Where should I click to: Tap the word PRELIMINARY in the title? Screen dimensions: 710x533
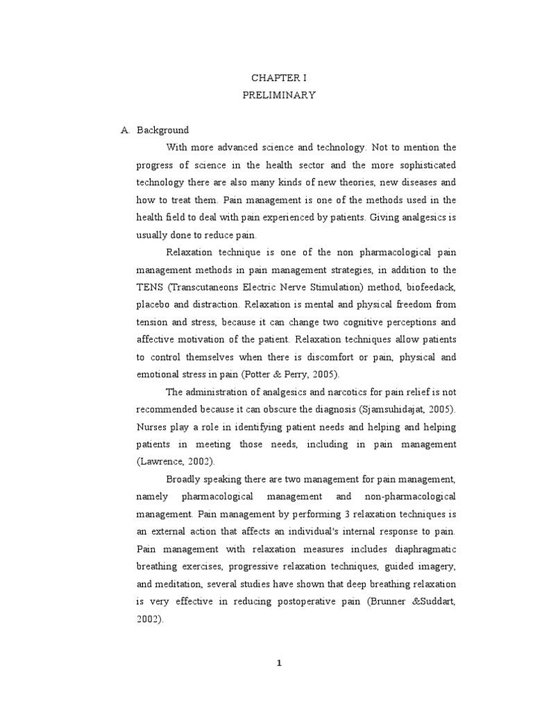coord(280,95)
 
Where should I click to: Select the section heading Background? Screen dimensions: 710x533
coord(163,130)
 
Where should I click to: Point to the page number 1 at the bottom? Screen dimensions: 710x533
coord(279,663)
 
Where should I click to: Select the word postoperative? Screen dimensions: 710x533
coord(310,603)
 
